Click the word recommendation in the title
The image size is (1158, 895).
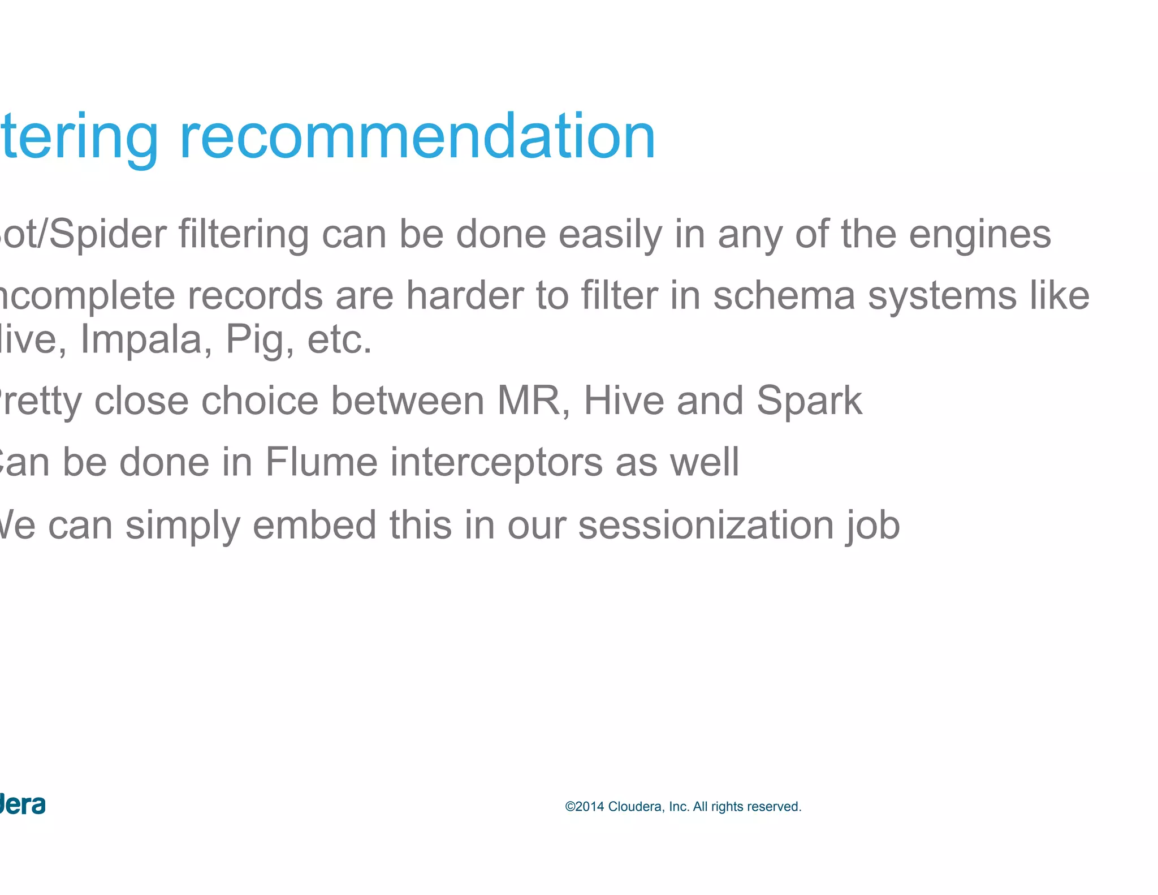click(417, 137)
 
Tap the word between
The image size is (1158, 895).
click(407, 401)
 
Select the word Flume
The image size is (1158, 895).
click(321, 462)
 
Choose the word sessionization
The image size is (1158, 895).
click(706, 524)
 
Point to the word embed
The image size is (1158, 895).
click(314, 524)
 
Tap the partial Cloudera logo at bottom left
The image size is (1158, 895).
click(23, 804)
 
